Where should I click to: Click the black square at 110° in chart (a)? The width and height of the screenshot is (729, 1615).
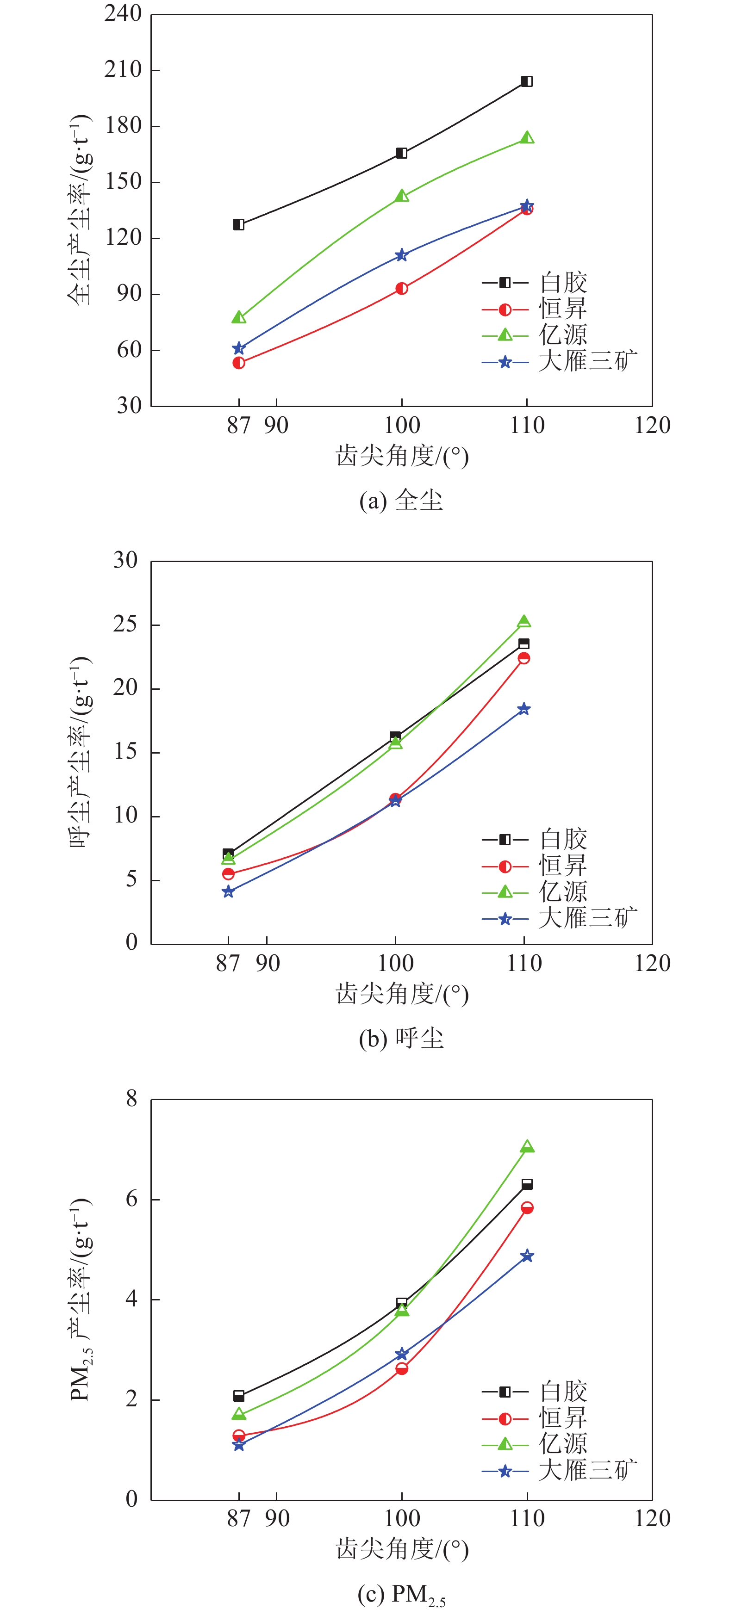(527, 81)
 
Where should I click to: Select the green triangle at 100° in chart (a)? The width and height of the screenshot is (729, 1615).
(401, 196)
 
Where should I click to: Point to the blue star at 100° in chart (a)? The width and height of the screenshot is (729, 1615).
(401, 255)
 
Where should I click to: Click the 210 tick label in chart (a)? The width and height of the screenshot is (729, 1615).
(123, 69)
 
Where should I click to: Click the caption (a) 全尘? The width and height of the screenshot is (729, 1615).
(401, 500)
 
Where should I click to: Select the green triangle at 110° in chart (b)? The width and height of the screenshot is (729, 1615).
(524, 621)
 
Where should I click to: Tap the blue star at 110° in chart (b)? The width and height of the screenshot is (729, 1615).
(524, 709)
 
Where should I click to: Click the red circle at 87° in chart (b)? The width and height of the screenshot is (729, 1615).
(228, 873)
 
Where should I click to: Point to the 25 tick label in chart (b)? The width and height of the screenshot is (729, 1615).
(125, 625)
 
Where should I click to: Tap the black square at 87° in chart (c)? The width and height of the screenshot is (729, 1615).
(238, 1396)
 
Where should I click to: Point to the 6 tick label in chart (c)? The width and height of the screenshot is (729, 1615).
(131, 1199)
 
